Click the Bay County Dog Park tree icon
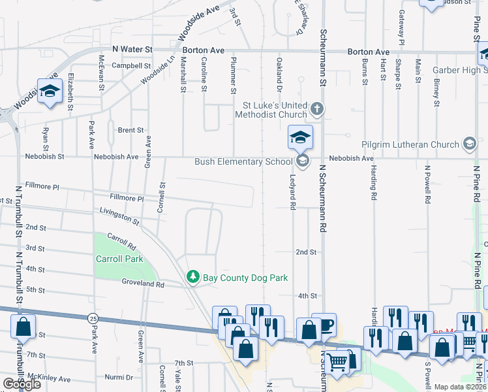(192, 278)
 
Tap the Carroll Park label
(119, 259)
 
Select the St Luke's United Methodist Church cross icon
(317, 108)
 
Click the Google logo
(22, 384)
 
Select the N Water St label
(132, 49)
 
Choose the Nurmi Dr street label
(119, 378)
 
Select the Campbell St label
(131, 66)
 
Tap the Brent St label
(130, 130)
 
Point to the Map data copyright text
(459, 387)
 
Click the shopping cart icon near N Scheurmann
(337, 361)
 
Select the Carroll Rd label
(121, 241)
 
